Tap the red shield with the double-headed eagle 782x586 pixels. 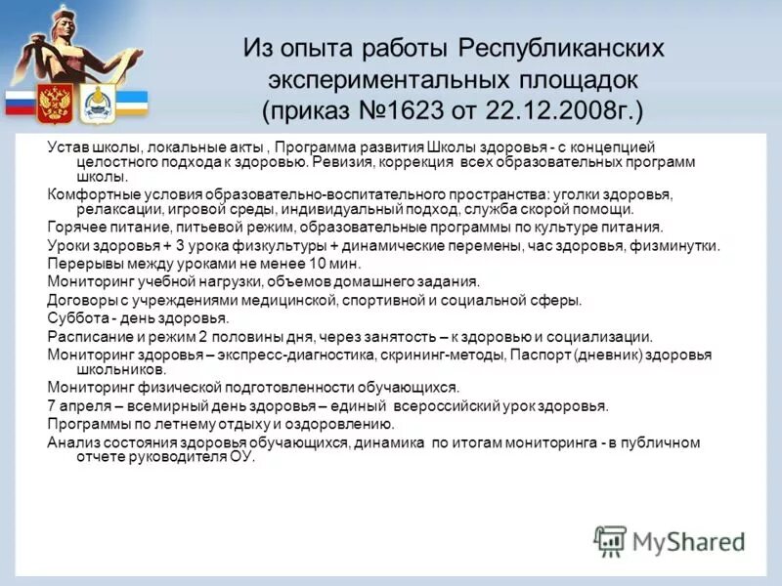pyautogui.click(x=54, y=103)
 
